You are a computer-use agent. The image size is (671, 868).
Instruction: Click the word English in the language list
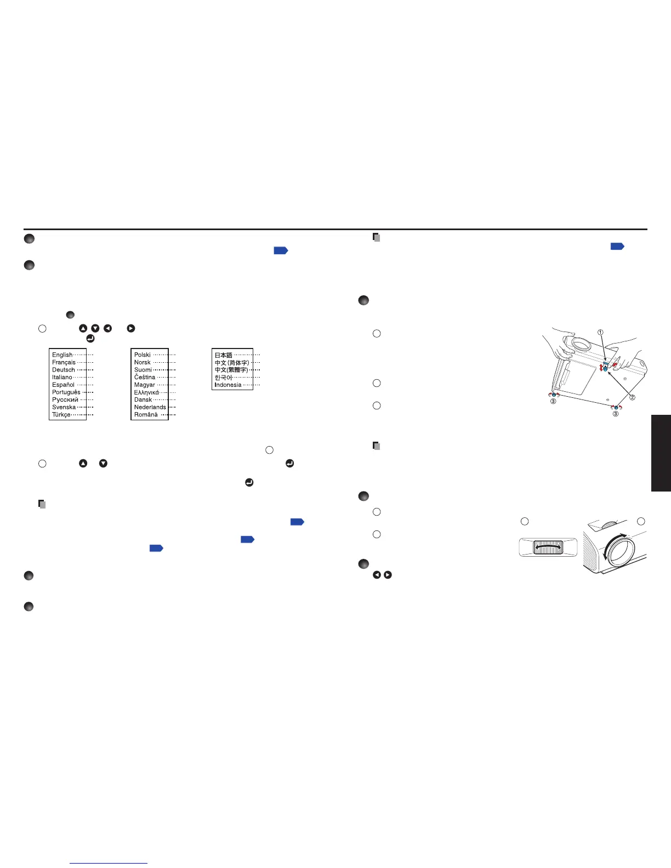click(62, 355)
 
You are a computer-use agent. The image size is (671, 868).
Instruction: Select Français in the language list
click(64, 362)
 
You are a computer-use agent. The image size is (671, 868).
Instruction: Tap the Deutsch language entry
click(63, 370)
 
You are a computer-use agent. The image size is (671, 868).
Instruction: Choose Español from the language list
click(63, 385)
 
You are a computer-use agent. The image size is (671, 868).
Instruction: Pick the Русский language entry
click(65, 400)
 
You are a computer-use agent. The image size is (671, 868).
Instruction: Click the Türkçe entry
click(61, 415)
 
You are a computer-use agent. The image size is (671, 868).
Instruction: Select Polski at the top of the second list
click(142, 355)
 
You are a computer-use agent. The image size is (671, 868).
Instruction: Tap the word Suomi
click(143, 370)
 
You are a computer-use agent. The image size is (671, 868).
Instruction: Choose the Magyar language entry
click(144, 385)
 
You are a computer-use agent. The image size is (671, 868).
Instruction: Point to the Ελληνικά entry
click(146, 392)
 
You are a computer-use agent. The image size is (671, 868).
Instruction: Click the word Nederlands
click(150, 407)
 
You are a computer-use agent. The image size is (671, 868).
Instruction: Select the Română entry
click(146, 415)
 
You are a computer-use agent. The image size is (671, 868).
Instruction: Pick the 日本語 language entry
click(223, 355)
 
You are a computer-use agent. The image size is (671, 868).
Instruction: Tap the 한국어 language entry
click(223, 378)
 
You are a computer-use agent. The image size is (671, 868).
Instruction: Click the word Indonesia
click(228, 385)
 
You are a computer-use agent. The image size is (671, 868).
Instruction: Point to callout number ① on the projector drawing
click(600, 332)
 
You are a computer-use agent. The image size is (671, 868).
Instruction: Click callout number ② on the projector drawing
click(632, 397)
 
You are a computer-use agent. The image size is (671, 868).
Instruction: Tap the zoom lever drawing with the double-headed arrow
click(548, 547)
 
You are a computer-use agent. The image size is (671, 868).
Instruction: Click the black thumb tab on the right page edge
click(661, 453)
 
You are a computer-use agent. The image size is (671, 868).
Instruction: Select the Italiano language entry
click(62, 378)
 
